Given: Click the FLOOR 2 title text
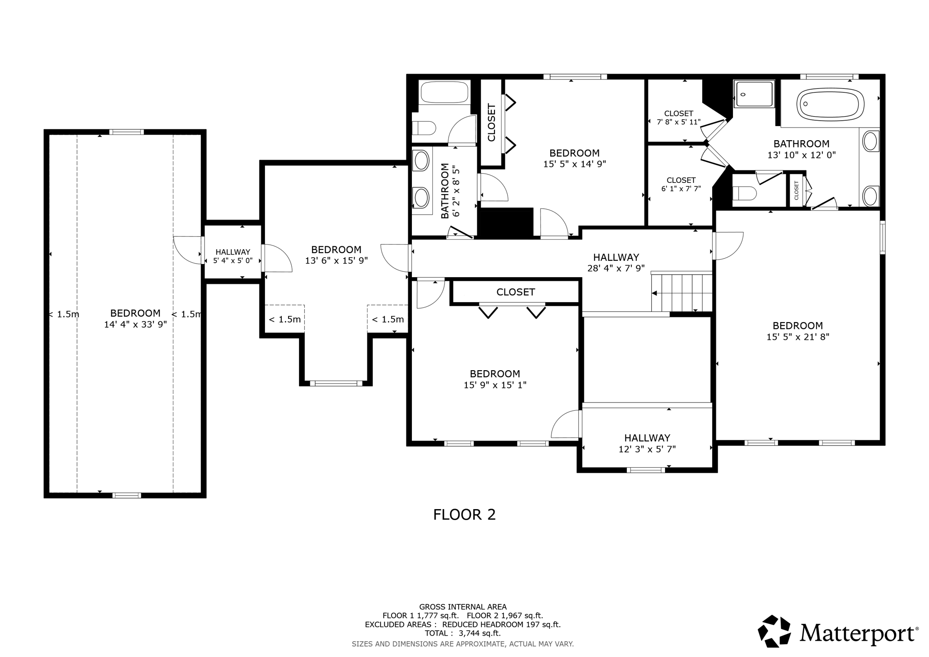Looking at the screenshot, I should (x=464, y=515).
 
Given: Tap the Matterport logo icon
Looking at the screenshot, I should (x=775, y=631).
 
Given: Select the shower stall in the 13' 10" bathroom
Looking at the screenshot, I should (x=754, y=94).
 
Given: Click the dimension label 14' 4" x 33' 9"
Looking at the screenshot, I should (x=135, y=324).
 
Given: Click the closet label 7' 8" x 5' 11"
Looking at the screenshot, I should (x=679, y=122).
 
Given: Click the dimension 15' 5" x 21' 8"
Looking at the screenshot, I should (x=797, y=337).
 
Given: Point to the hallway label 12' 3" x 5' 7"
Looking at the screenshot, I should (x=647, y=449).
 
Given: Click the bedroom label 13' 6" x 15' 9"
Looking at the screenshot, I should (x=336, y=261).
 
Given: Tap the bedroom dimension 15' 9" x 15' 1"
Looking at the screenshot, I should (x=494, y=385).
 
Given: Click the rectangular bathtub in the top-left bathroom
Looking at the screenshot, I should (x=444, y=92).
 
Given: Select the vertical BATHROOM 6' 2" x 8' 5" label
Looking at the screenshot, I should (x=450, y=191).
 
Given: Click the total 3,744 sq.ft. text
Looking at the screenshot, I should (x=462, y=633).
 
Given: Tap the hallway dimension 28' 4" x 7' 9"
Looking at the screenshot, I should (x=616, y=268).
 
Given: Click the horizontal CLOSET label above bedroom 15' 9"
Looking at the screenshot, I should (x=515, y=292).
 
